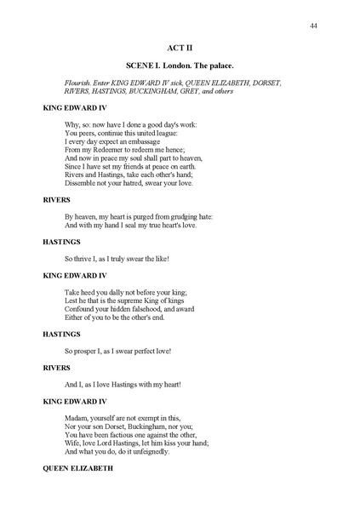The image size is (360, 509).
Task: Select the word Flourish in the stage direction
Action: [77, 83]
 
